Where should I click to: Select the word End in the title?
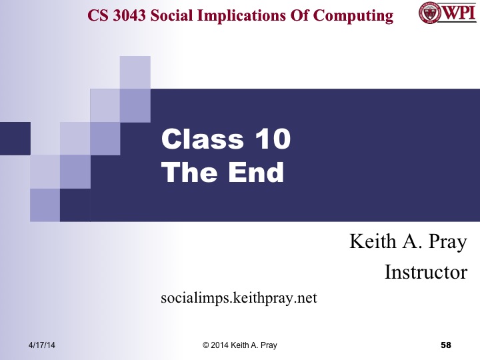click(x=255, y=173)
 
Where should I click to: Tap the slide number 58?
click(x=447, y=345)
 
